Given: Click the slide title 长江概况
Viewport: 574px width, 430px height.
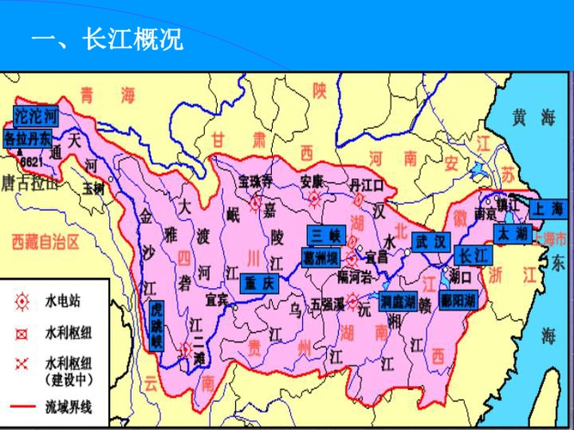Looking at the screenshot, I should point(107,40).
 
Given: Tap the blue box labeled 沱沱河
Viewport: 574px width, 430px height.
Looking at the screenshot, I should point(37,116).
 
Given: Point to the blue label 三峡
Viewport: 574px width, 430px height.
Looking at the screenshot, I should point(326,235).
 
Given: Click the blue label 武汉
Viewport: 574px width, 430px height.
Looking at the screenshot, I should point(430,241).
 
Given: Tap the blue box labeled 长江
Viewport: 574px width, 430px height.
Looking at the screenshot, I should point(472,255).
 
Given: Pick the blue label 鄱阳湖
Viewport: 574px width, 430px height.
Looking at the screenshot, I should point(457,301).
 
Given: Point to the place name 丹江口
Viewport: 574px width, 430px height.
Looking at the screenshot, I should point(365,185).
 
